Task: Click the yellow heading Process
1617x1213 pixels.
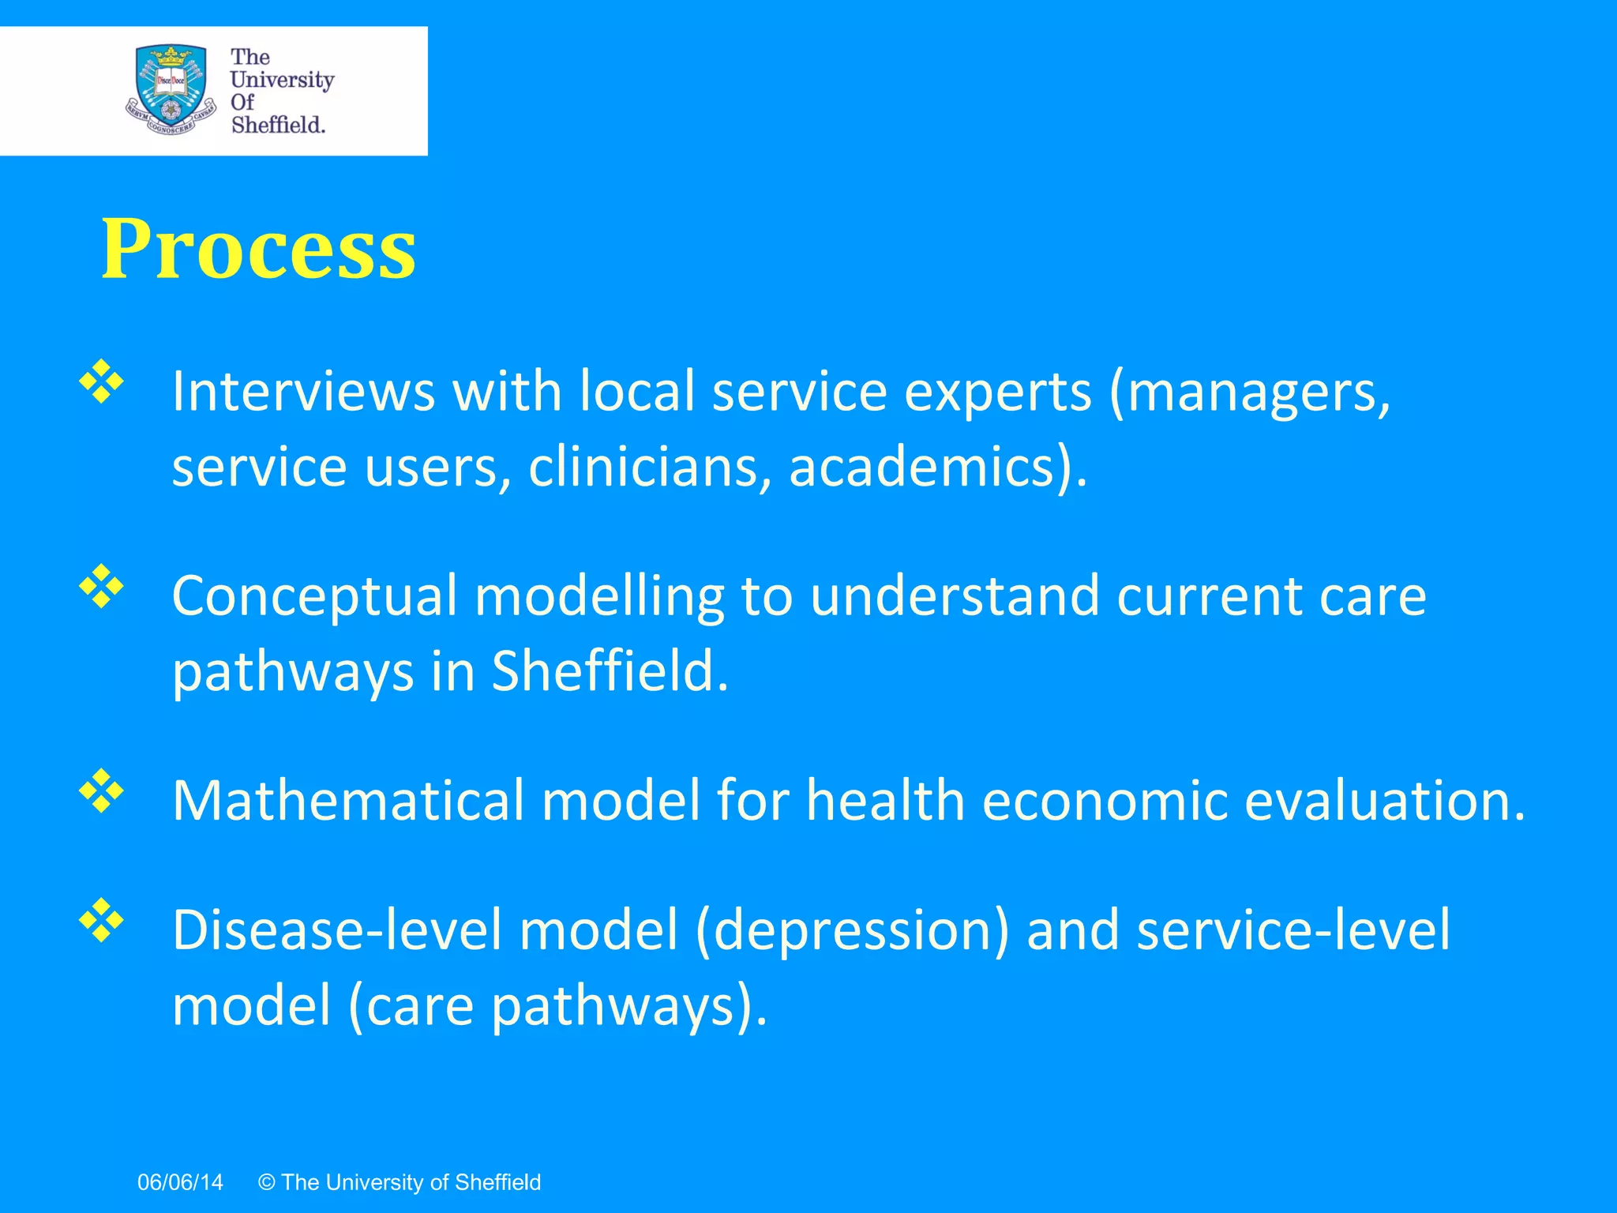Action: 258,250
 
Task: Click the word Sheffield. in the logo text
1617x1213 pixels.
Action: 278,125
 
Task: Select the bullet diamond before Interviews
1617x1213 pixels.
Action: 102,382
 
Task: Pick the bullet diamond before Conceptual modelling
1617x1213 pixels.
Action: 102,586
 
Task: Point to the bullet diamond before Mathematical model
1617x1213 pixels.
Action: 102,791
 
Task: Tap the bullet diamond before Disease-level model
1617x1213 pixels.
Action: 102,919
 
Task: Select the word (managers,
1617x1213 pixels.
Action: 1250,392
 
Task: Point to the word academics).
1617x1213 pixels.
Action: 938,467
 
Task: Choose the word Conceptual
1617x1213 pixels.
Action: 314,597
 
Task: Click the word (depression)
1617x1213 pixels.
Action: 852,930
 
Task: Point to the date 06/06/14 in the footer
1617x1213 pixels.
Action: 180,1182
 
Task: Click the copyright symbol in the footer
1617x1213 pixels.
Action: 267,1182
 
